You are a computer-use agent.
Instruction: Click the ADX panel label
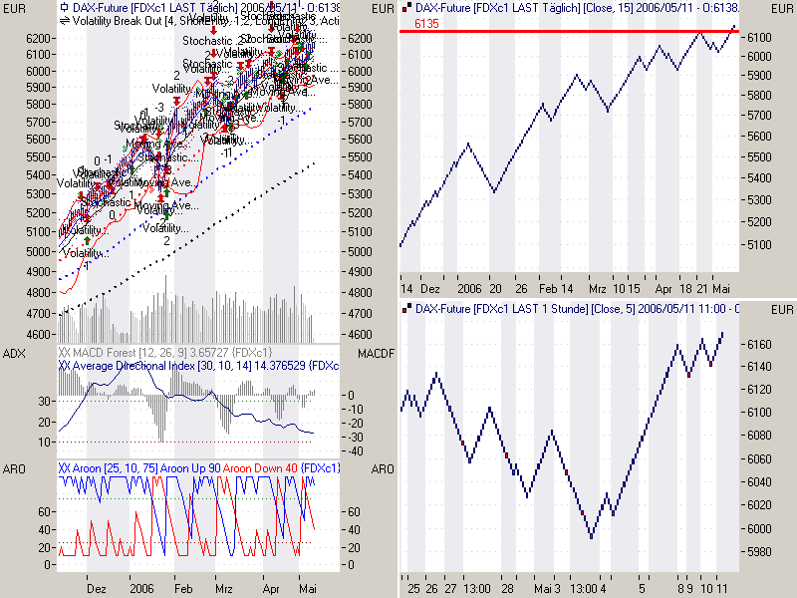[x=13, y=354]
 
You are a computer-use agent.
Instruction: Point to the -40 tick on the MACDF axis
[x=355, y=450]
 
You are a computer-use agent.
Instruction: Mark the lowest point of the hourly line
[x=592, y=538]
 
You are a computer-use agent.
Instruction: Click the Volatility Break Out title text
[x=115, y=19]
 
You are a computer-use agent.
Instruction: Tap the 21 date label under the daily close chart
[x=702, y=286]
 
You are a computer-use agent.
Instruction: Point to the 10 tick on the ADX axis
[x=45, y=442]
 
